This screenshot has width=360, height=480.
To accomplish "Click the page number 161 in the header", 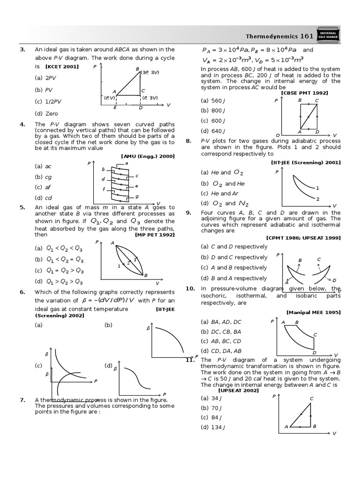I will coord(307,36).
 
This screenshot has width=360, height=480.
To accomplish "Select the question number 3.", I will coord(22,49).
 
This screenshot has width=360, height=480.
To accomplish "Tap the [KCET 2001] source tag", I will coord(62,67).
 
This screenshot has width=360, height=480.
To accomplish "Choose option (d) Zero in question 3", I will coord(46,113).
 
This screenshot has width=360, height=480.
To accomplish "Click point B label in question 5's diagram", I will coord(146,275).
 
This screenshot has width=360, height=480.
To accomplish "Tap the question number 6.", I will coord(22,292).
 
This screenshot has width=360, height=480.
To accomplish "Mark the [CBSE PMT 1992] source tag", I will coord(304,93).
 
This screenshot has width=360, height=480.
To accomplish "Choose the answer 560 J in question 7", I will coord(211,100).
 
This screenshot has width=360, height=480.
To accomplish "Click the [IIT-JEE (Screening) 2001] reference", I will coord(306,162).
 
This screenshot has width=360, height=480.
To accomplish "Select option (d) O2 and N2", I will coord(225,203).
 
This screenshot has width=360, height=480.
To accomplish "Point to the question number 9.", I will coord(188,212).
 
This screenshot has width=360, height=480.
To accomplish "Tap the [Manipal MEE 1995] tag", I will coord(313,312).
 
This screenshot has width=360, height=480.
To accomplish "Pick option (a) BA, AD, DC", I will coord(221,322).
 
